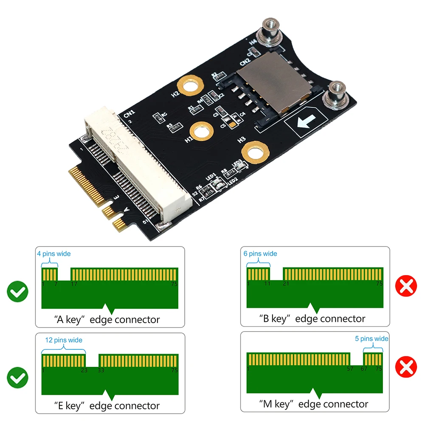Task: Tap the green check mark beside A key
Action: click(17, 292)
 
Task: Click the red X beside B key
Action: click(406, 287)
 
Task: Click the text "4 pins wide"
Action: click(53, 254)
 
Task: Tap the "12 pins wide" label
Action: click(64, 340)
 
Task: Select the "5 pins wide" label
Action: click(372, 338)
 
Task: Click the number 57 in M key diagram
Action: click(350, 369)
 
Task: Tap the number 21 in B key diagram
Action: click(286, 283)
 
